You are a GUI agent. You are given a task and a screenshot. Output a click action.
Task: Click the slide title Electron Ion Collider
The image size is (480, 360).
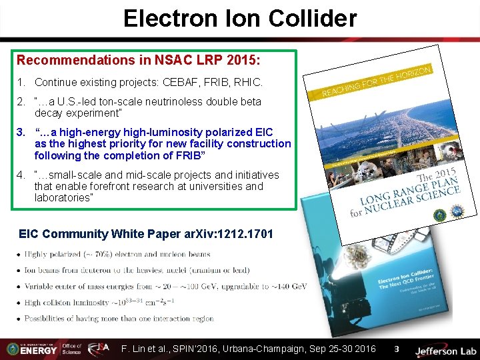240,18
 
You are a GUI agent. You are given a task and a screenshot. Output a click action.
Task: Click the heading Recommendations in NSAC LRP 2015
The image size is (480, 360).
138,60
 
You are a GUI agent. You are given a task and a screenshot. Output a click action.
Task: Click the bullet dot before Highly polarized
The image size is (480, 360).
19,254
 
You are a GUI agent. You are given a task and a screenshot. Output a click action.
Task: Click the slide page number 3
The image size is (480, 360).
396,349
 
